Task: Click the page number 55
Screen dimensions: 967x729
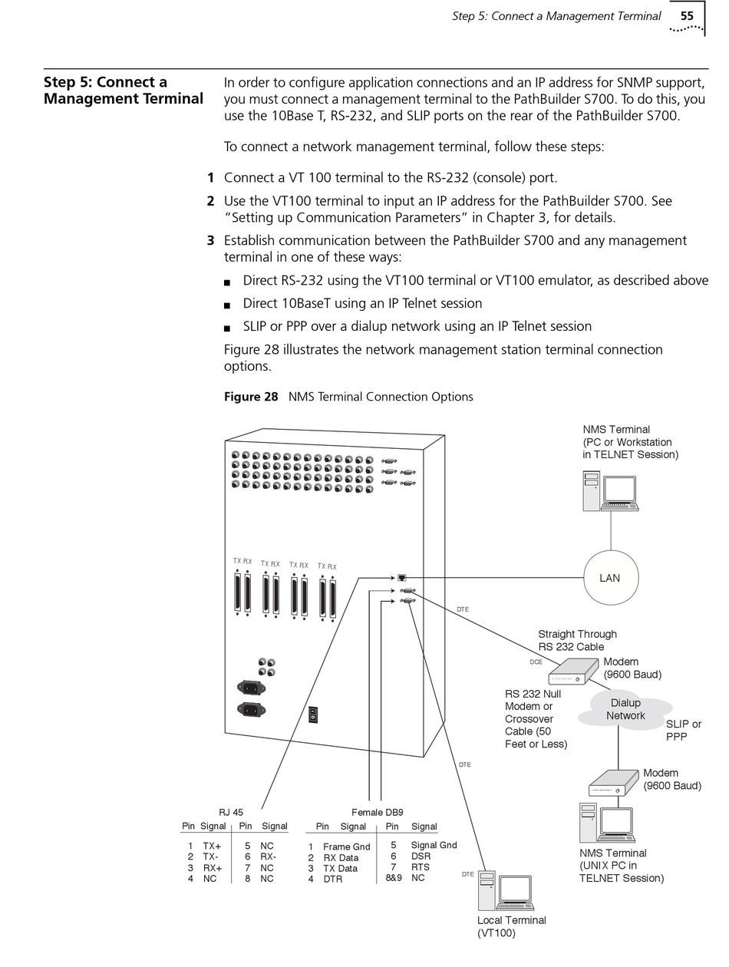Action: coord(686,15)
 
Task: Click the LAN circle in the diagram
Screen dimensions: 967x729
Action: coord(609,578)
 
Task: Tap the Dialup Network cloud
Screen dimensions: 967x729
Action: coord(625,710)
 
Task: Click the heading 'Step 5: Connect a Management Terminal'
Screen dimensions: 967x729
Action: coord(123,91)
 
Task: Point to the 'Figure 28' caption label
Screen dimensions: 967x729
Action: coord(251,397)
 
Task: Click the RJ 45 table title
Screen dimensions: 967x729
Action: coord(231,812)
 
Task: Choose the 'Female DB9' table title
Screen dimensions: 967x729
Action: coord(377,812)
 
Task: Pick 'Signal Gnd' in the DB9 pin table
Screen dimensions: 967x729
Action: coord(434,845)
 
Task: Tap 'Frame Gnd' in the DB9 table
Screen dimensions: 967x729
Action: coord(346,847)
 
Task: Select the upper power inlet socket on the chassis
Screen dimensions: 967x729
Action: coord(251,687)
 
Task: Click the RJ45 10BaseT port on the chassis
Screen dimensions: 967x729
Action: coord(402,577)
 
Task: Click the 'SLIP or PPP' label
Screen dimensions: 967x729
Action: coord(683,730)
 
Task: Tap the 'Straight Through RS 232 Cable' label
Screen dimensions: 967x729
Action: coord(577,640)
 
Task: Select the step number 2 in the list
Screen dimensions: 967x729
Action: coord(210,201)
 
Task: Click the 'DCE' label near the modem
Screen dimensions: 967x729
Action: coord(536,661)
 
